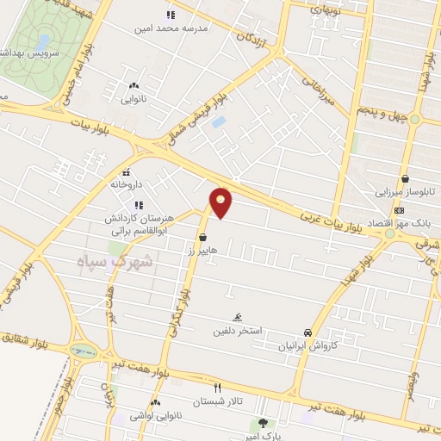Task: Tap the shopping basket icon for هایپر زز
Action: tap(202, 236)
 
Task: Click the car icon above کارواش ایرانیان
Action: tap(307, 332)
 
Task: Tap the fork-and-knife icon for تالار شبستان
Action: tap(217, 388)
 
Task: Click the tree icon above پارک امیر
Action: tap(263, 423)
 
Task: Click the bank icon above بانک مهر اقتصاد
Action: tap(399, 210)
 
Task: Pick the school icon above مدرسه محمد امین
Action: tap(170, 15)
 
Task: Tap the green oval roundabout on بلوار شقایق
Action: tap(84, 351)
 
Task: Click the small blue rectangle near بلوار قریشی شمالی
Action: tap(219, 122)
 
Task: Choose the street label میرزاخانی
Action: tap(323, 89)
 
